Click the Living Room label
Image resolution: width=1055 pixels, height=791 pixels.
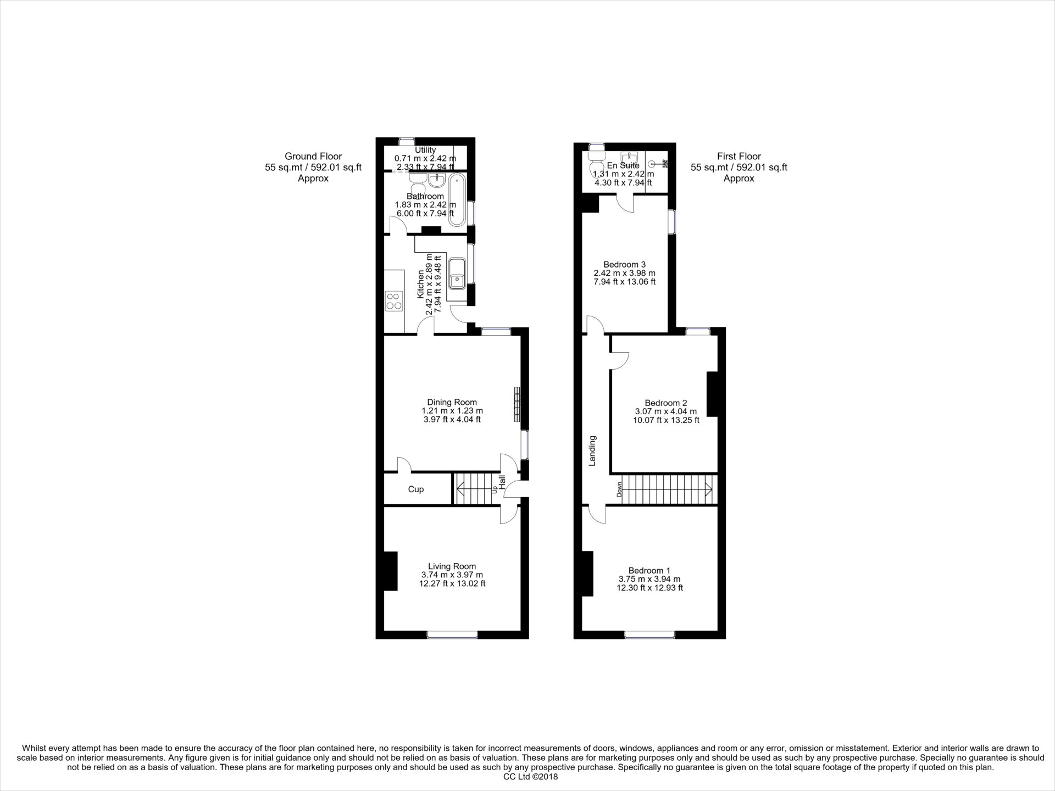coord(452,566)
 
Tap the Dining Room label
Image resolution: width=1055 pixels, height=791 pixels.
coord(452,402)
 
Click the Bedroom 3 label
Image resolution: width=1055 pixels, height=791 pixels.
coord(624,264)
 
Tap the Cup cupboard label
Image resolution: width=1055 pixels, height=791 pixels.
coord(416,489)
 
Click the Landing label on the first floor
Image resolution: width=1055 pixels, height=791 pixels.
coord(592,450)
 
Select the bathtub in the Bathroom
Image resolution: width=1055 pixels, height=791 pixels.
coord(457,200)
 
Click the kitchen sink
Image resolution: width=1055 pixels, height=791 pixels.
coord(456,274)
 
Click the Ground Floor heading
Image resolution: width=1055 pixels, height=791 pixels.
coord(313,157)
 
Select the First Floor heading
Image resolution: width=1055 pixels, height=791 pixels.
coord(738,157)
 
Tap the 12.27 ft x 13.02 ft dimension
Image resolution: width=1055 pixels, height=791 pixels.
coord(452,584)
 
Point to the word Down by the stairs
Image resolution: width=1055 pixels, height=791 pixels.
coord(619,489)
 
